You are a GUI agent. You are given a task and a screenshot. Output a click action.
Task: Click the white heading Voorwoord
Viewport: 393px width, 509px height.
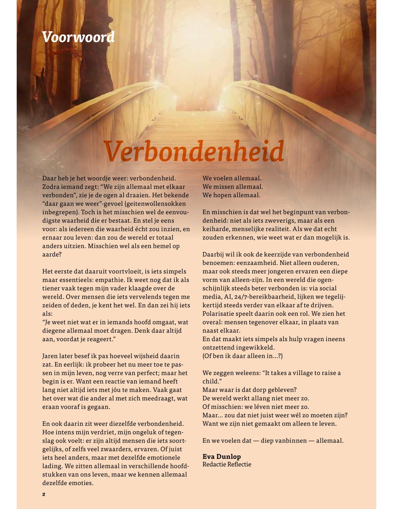tap(78, 37)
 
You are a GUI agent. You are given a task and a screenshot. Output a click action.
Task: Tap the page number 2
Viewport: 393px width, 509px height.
tap(44, 494)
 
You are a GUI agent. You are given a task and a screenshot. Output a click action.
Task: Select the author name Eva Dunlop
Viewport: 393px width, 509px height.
tap(222, 457)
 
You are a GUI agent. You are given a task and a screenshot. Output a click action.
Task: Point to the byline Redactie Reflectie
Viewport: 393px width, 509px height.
tap(227, 464)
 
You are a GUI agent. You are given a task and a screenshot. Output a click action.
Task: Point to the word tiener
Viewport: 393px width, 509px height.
tap(50, 289)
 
